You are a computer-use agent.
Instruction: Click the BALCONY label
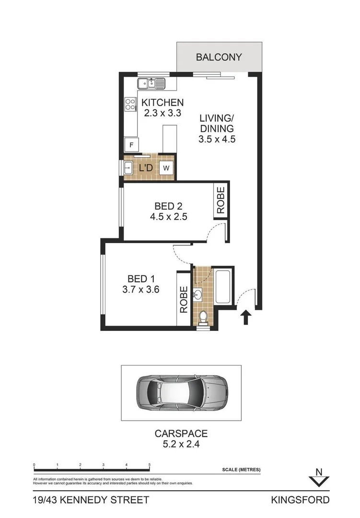[219, 57]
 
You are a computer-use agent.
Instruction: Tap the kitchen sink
[151, 83]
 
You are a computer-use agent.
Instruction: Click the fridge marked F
[131, 144]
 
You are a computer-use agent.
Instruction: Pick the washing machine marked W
[166, 168]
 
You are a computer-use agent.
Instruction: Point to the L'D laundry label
[146, 168]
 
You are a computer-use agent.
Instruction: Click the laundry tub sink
[128, 168]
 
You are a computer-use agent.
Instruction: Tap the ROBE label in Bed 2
[221, 200]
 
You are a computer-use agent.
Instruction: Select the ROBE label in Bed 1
[184, 300]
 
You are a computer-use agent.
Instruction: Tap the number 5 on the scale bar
[150, 465]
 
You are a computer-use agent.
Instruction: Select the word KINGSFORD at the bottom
[300, 500]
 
